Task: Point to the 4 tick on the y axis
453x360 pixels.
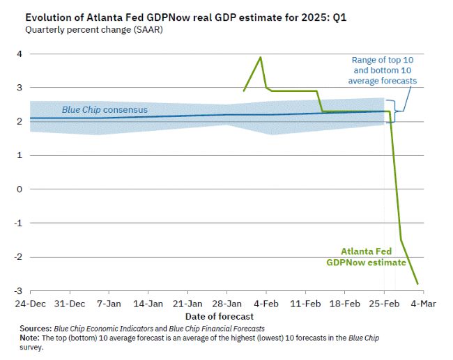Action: pos(20,54)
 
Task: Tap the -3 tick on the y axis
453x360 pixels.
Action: pos(18,290)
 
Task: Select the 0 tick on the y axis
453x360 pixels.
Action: pos(20,189)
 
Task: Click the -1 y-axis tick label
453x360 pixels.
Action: pos(18,223)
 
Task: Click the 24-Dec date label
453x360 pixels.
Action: pos(30,304)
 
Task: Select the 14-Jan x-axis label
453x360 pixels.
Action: pos(148,304)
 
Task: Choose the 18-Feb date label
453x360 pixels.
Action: pos(344,304)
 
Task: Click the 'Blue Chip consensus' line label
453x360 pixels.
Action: pos(105,110)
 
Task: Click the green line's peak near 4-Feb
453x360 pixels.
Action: pos(261,57)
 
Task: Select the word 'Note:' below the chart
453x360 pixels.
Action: pos(32,337)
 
